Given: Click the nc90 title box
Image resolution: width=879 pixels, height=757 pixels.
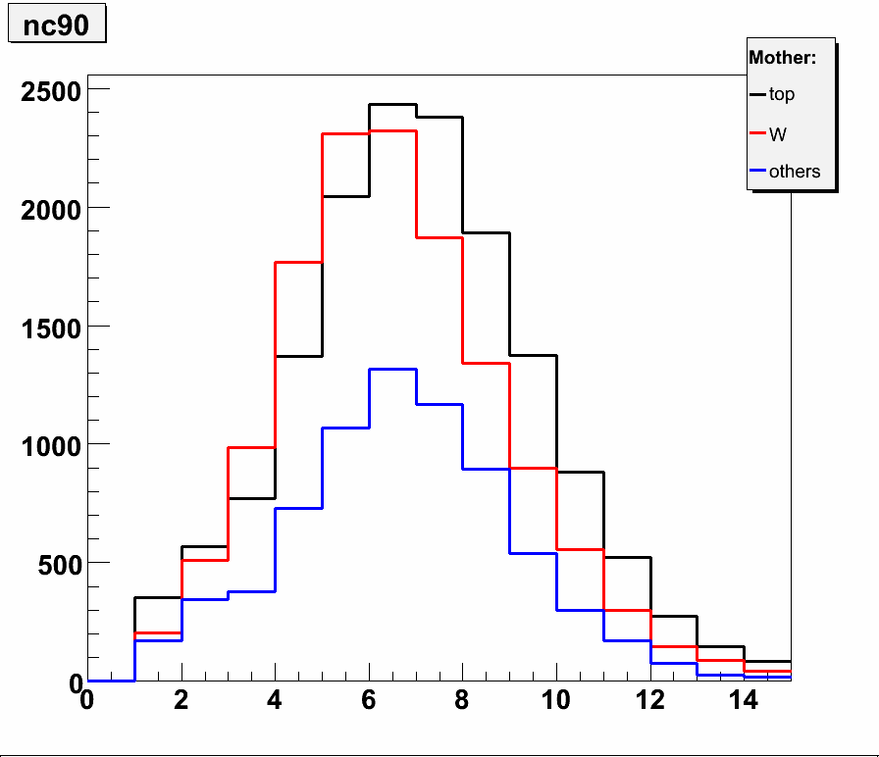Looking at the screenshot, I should [x=56, y=25].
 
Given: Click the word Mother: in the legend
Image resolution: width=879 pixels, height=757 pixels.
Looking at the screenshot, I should [x=782, y=58].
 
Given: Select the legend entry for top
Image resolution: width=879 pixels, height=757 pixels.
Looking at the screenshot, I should [x=782, y=95].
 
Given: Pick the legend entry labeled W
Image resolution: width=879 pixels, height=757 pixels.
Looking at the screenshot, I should [x=778, y=134].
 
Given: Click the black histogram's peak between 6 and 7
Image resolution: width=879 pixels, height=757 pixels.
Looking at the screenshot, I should [x=392, y=104].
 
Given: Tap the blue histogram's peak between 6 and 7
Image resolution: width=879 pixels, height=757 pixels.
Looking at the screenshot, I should [x=392, y=370].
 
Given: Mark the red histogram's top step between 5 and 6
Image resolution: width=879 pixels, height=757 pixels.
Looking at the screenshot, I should [x=345, y=133].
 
